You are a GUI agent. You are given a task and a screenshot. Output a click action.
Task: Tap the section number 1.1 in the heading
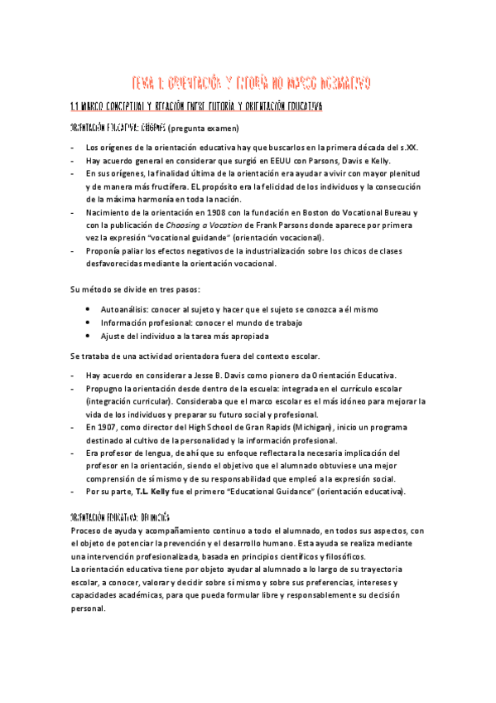(75, 108)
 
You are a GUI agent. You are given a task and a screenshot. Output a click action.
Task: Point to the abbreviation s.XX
(406, 148)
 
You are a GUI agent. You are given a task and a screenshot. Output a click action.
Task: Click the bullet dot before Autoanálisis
(89, 309)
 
